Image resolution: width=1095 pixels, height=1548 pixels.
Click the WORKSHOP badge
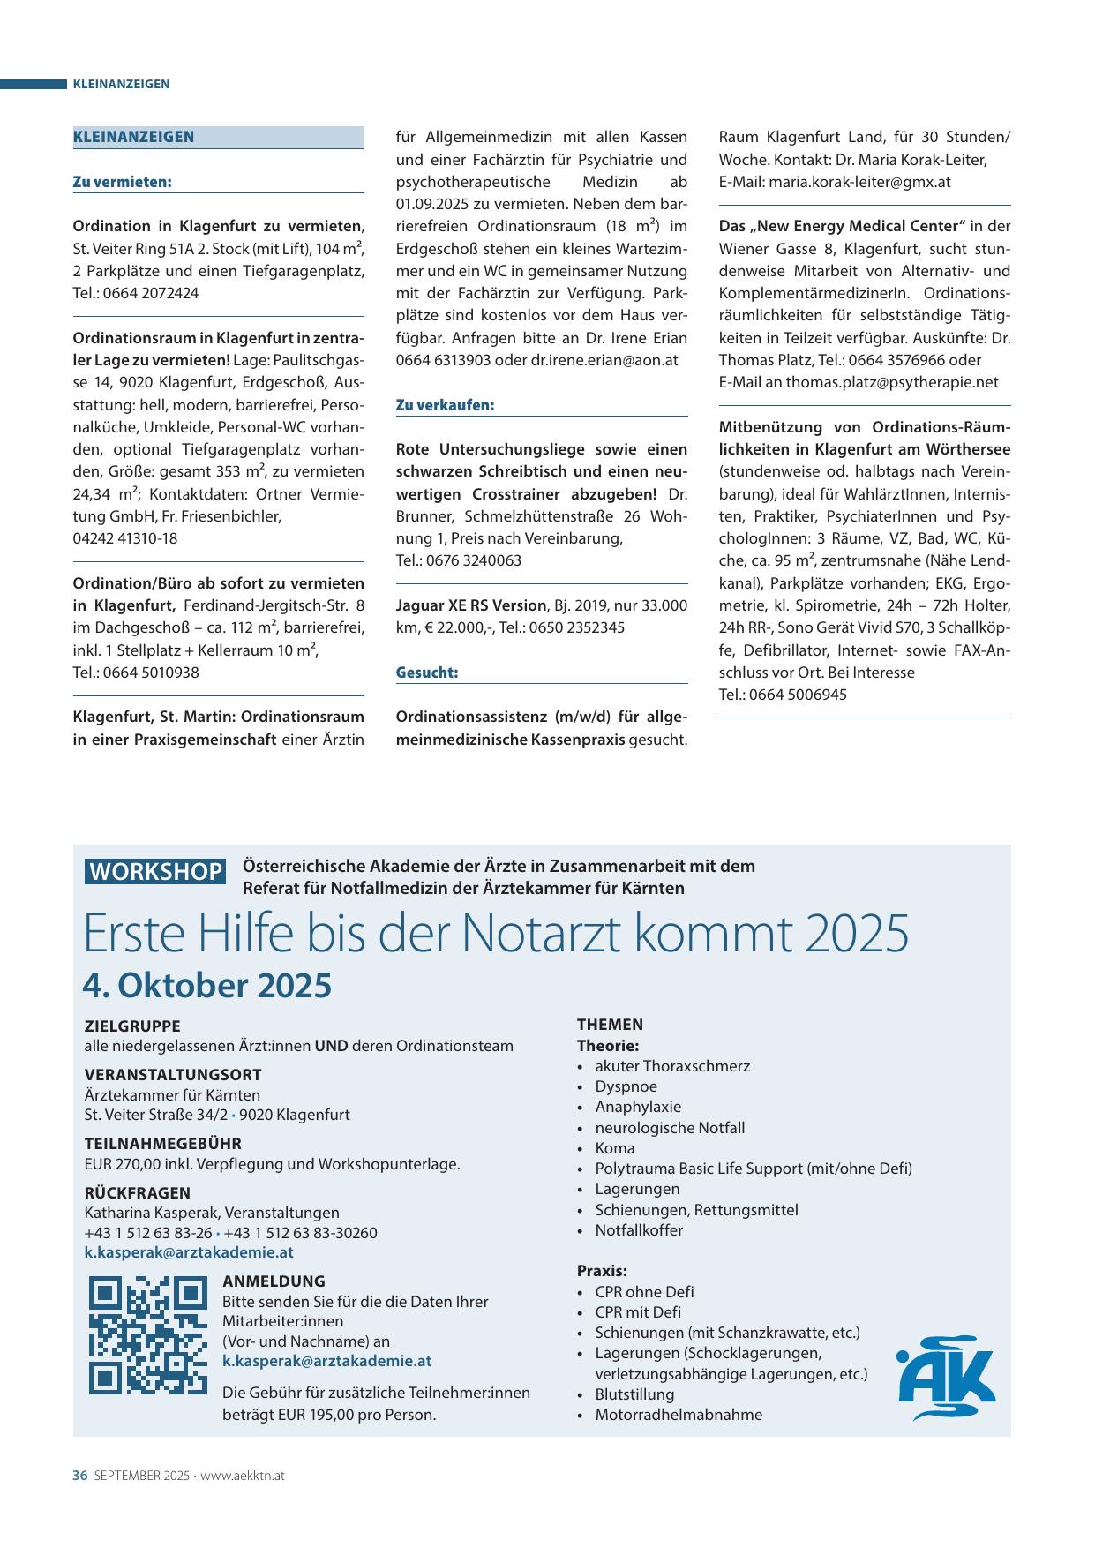click(x=155, y=871)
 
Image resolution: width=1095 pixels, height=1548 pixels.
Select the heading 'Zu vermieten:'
click(x=122, y=182)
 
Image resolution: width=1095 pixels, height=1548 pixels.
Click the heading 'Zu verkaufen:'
click(x=445, y=405)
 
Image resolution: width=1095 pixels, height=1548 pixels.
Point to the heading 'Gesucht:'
click(x=427, y=673)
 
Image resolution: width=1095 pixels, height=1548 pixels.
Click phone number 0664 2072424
click(x=151, y=293)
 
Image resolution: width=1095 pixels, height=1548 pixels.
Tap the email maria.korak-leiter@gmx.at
click(x=859, y=182)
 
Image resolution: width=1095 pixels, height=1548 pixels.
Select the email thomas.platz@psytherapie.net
click(x=892, y=382)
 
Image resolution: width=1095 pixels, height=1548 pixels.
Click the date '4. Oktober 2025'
click(x=207, y=986)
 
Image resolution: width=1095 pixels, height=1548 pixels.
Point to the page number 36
click(x=79, y=1476)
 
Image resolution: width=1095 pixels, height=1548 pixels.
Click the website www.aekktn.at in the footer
click(x=243, y=1476)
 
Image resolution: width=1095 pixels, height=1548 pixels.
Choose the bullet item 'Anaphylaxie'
click(x=638, y=1107)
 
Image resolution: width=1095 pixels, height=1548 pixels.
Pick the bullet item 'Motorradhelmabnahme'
click(x=679, y=1415)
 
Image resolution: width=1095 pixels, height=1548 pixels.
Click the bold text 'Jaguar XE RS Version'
click(x=471, y=605)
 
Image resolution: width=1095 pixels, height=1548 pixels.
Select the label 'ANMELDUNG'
click(x=274, y=1281)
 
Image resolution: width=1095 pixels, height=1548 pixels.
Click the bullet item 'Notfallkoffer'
click(x=639, y=1230)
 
